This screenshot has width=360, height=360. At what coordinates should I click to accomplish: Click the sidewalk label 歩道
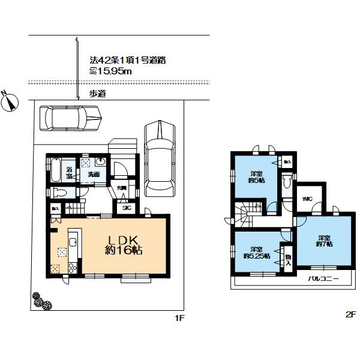[x=98, y=93]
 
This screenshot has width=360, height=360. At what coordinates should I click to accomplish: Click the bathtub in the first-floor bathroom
[x=53, y=170]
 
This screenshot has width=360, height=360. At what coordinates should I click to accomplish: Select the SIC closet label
[x=127, y=208]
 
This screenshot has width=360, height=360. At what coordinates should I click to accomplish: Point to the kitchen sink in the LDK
[x=72, y=243]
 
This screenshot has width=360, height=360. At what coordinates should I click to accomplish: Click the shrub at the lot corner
[x=41, y=301]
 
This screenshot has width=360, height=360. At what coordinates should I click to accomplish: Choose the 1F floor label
[x=178, y=317]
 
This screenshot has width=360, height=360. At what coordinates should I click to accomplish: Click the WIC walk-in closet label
[x=308, y=199]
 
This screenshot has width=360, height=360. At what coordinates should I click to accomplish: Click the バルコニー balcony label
[x=323, y=279]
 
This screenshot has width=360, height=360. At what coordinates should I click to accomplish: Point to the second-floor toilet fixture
[x=286, y=182]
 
